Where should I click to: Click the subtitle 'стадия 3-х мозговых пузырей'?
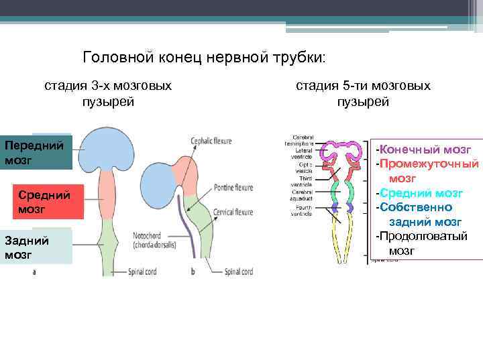108,94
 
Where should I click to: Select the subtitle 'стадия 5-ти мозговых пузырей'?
363,94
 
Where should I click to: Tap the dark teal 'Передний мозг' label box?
35,153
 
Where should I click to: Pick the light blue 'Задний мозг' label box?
35,247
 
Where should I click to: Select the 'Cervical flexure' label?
233,212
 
